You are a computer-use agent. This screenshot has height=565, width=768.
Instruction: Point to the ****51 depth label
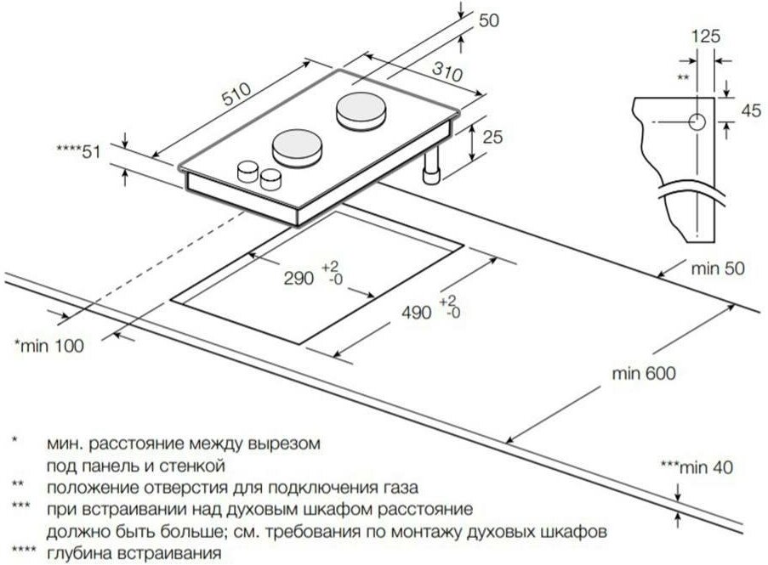point(78,151)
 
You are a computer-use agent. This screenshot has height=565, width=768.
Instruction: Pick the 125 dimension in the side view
point(706,36)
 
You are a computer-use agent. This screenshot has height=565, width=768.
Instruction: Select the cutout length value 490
point(418,311)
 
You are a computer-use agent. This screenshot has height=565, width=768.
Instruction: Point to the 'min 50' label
point(717,269)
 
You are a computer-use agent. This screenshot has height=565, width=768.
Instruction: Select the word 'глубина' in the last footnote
point(76,553)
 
